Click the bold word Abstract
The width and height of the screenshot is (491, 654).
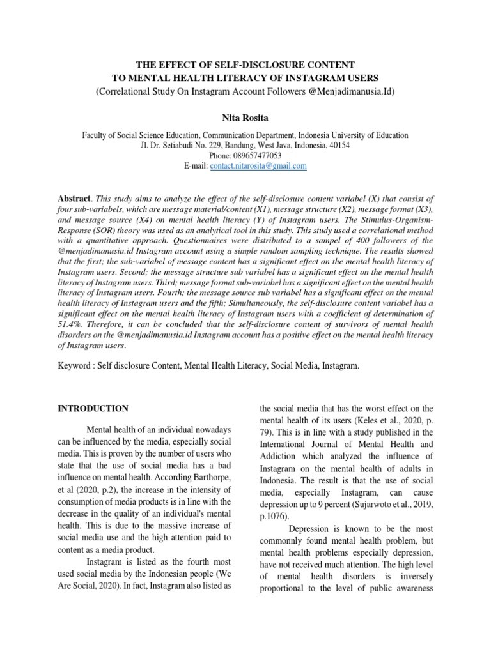[74, 199]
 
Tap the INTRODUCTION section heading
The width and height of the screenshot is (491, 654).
[93, 409]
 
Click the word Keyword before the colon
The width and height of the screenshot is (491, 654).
[76, 367]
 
